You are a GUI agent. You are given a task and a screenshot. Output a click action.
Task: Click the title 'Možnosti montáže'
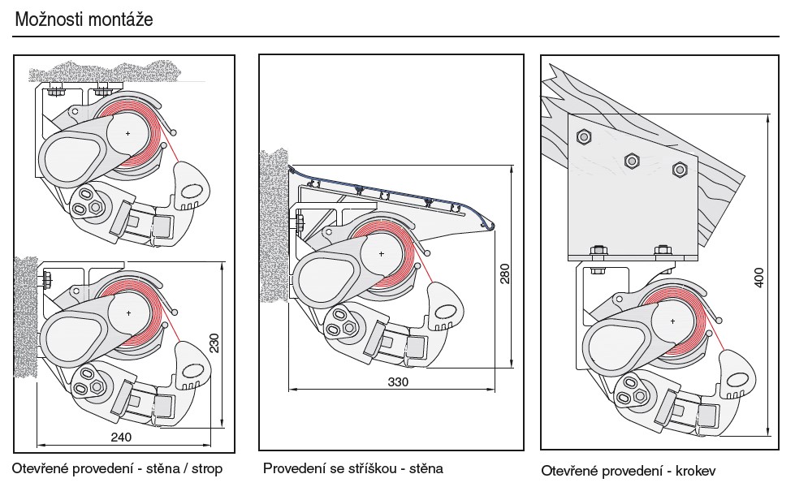(x=84, y=18)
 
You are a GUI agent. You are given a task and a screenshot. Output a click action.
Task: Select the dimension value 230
(x=214, y=344)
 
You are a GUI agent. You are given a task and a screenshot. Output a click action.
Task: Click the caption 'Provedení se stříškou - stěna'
(x=353, y=468)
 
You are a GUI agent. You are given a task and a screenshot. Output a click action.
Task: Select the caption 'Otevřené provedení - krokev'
(x=629, y=470)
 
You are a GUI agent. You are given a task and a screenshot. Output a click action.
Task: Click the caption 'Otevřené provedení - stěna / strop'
(x=116, y=468)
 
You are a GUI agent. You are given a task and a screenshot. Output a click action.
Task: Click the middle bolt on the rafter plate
(x=629, y=160)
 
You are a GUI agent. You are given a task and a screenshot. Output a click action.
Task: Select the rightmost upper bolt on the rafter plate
(x=679, y=169)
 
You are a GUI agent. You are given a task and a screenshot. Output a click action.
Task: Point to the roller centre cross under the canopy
(x=381, y=253)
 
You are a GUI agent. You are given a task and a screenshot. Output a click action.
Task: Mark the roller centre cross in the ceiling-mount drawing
(x=128, y=131)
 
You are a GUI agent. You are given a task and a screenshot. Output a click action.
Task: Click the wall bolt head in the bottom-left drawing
(x=45, y=280)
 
